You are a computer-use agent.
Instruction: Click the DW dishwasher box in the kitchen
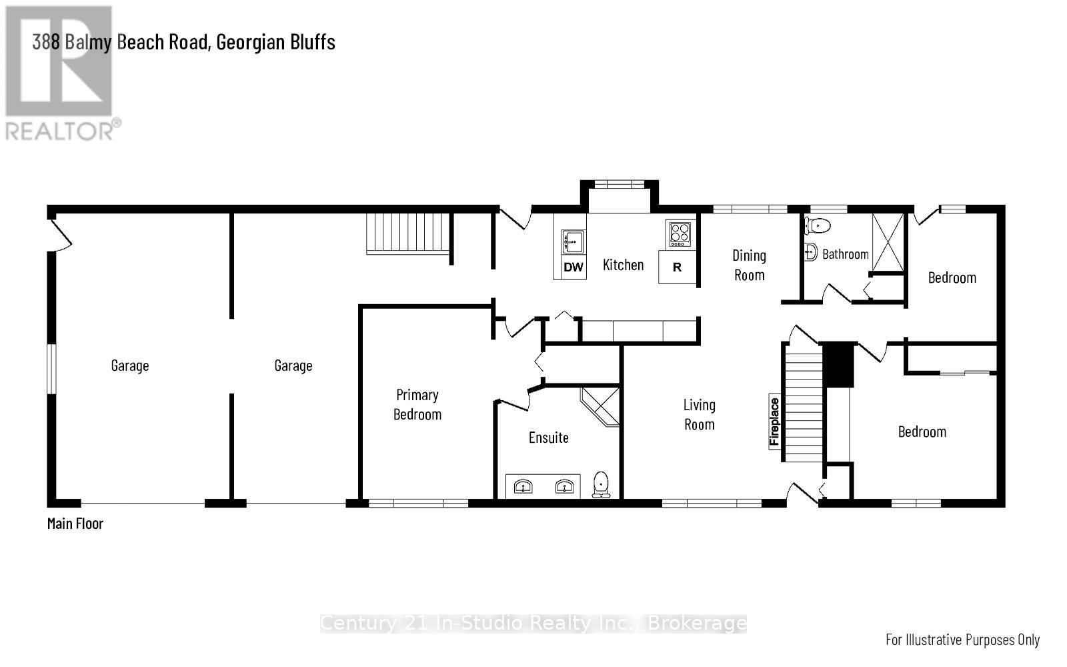pyautogui.click(x=573, y=267)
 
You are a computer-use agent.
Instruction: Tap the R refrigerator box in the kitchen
pyautogui.click(x=677, y=267)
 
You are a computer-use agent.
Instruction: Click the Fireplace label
pyautogui.click(x=774, y=422)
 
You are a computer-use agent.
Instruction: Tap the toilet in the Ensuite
pyautogui.click(x=602, y=484)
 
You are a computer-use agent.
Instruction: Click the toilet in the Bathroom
pyautogui.click(x=818, y=225)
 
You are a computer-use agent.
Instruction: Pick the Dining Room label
pyautogui.click(x=749, y=265)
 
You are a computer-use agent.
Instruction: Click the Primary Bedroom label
pyautogui.click(x=417, y=404)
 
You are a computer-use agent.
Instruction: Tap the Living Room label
pyautogui.click(x=699, y=414)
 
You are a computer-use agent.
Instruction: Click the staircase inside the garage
pyautogui.click(x=407, y=233)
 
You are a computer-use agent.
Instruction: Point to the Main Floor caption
pyautogui.click(x=75, y=524)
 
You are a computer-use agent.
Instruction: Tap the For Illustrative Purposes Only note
pyautogui.click(x=962, y=639)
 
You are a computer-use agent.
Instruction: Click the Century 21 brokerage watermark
pyautogui.click(x=533, y=623)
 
